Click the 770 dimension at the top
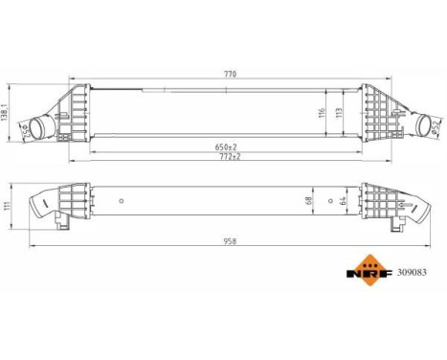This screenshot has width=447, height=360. tap(228, 71)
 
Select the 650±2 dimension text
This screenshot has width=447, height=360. tap(228, 146)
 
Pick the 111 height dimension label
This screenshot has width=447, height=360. tap(6, 210)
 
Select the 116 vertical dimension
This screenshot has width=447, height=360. tap(324, 112)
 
